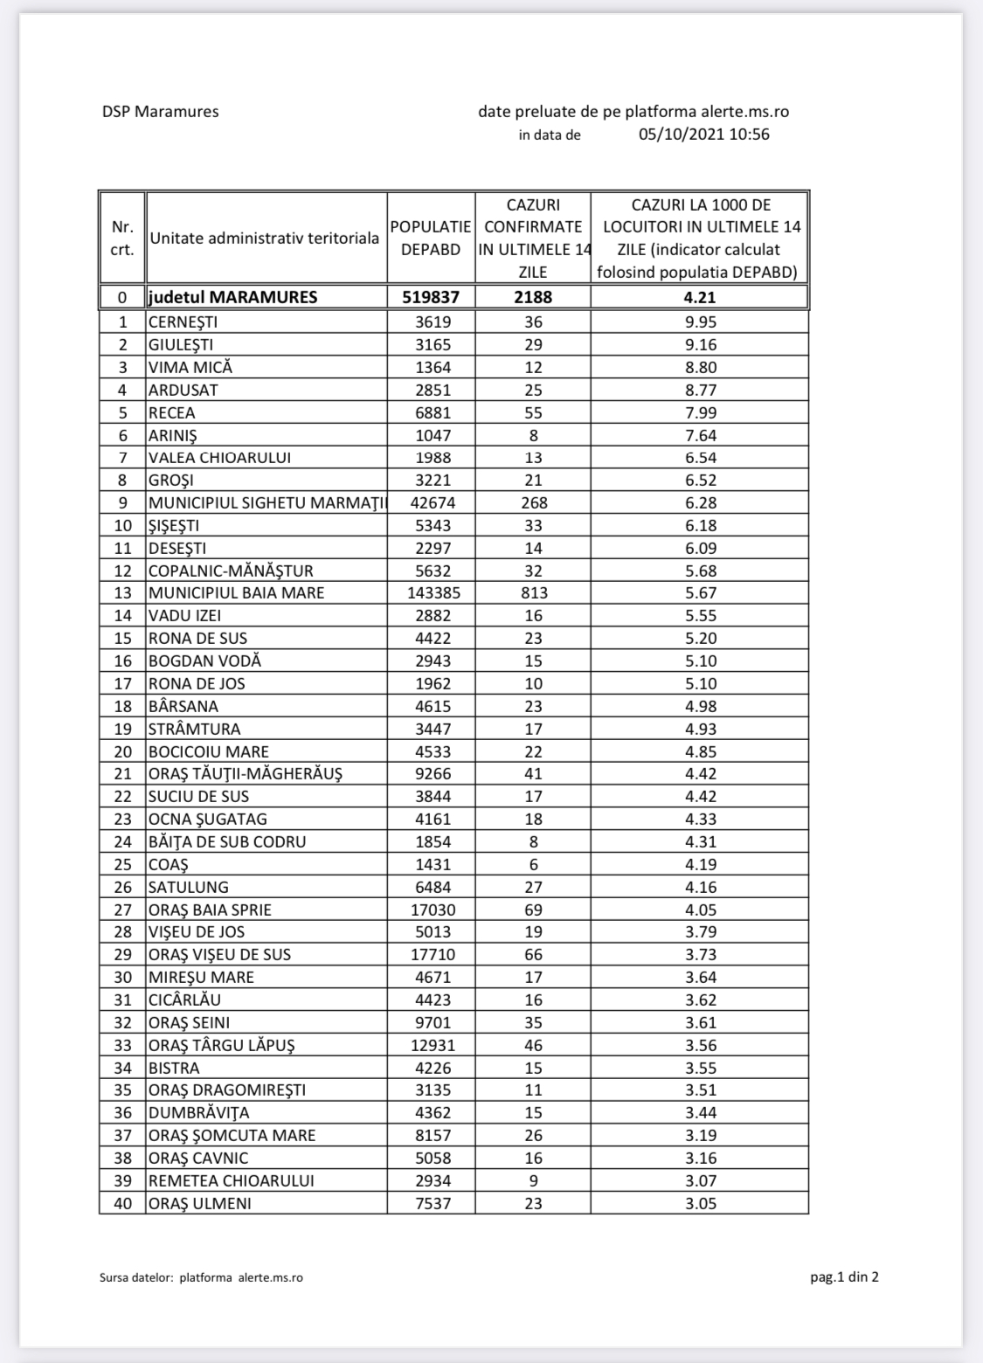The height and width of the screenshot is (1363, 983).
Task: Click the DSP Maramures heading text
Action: click(160, 112)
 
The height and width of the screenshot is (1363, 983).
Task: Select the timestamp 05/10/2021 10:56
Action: click(704, 135)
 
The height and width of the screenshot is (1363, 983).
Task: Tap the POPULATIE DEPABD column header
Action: click(431, 238)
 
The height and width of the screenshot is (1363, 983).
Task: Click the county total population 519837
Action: click(431, 297)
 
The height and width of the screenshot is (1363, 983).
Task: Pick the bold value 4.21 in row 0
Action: click(700, 297)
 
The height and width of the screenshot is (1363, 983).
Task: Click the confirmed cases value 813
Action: click(533, 593)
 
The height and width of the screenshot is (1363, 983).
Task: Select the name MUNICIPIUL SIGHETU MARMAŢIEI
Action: click(267, 502)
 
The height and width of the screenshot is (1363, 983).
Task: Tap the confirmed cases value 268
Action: click(533, 502)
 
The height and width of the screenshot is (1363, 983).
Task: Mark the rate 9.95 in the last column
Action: click(700, 322)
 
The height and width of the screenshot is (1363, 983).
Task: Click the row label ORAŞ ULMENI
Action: click(200, 1203)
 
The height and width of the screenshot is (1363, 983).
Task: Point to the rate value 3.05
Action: click(700, 1203)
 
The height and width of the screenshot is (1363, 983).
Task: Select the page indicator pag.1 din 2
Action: click(844, 1277)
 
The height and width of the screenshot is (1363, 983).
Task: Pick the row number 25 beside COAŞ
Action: click(122, 865)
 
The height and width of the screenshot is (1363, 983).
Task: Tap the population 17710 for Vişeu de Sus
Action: click(433, 955)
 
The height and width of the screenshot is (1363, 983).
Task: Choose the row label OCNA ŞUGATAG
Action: click(208, 820)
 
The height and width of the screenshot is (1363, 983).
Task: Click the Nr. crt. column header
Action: click(122, 238)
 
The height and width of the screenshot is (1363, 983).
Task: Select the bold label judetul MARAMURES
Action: click(232, 297)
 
